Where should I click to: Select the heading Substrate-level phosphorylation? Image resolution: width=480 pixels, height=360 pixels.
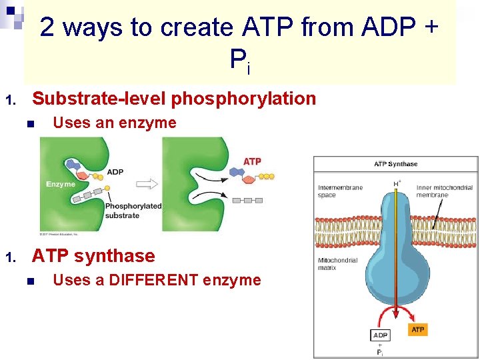174,99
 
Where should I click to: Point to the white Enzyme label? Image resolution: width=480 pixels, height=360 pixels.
61,184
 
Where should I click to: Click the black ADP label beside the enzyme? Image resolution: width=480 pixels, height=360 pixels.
115,172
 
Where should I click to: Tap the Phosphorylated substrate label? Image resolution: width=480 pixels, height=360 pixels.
133,211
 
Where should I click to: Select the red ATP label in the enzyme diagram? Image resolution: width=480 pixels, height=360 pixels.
252,161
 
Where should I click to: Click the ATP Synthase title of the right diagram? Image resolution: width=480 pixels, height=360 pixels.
395,164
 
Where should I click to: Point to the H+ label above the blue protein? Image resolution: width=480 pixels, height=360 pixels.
397,181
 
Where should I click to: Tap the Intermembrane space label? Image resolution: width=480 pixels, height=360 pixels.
339,191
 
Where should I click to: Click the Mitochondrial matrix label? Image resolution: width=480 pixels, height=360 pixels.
337,265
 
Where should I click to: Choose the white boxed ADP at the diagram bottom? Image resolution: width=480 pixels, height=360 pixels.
379,335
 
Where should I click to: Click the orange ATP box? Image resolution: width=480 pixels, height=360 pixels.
417,330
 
